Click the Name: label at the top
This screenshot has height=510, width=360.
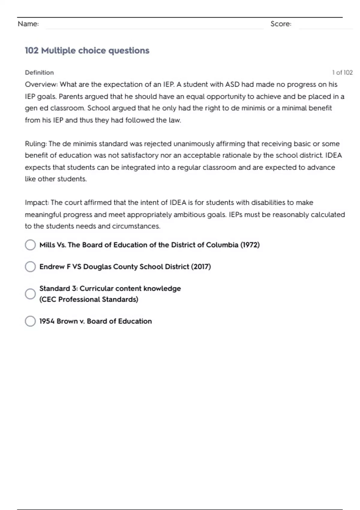28,24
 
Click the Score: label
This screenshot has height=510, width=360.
281,24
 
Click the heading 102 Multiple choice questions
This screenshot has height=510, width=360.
87,50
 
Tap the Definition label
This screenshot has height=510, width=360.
39,73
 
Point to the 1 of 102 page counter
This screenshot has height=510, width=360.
342,73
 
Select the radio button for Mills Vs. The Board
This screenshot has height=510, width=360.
30,245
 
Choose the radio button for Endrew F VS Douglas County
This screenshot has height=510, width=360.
30,267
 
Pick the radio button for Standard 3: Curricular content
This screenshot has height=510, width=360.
30,294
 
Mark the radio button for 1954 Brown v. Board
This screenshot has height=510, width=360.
30,321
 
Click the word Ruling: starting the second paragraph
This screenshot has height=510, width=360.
36,144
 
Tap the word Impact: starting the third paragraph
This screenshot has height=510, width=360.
37,203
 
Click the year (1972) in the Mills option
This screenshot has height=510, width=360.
250,245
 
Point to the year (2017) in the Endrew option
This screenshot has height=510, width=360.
201,267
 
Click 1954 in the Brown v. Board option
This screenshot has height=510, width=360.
47,321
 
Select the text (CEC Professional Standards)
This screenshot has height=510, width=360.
89,299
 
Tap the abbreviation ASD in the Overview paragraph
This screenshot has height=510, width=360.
232,85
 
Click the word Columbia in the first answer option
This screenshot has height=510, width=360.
222,245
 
